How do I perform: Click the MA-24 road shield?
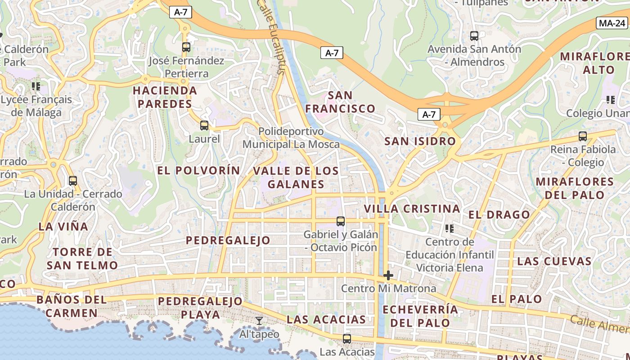coord(612,23)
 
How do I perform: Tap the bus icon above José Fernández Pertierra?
coord(186,47)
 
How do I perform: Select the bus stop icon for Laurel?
coord(204,126)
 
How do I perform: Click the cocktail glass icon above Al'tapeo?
coord(259,321)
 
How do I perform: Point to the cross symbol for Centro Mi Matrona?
coord(388,275)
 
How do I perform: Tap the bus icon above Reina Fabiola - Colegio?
coord(583,136)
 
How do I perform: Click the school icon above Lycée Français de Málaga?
coord(36,86)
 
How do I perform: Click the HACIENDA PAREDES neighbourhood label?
coord(165,97)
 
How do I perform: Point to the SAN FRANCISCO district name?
coord(340,102)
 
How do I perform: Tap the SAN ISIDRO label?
coord(420,141)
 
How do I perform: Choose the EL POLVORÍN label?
coord(198,171)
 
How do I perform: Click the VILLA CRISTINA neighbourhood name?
coord(412,209)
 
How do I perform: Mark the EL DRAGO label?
coord(499,215)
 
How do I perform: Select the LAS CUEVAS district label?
coord(554,261)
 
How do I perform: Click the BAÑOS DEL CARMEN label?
coord(72,306)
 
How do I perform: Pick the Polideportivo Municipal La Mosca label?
coord(291,138)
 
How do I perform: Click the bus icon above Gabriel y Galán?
coord(341,221)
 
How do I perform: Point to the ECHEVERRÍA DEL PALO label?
coord(420,316)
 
